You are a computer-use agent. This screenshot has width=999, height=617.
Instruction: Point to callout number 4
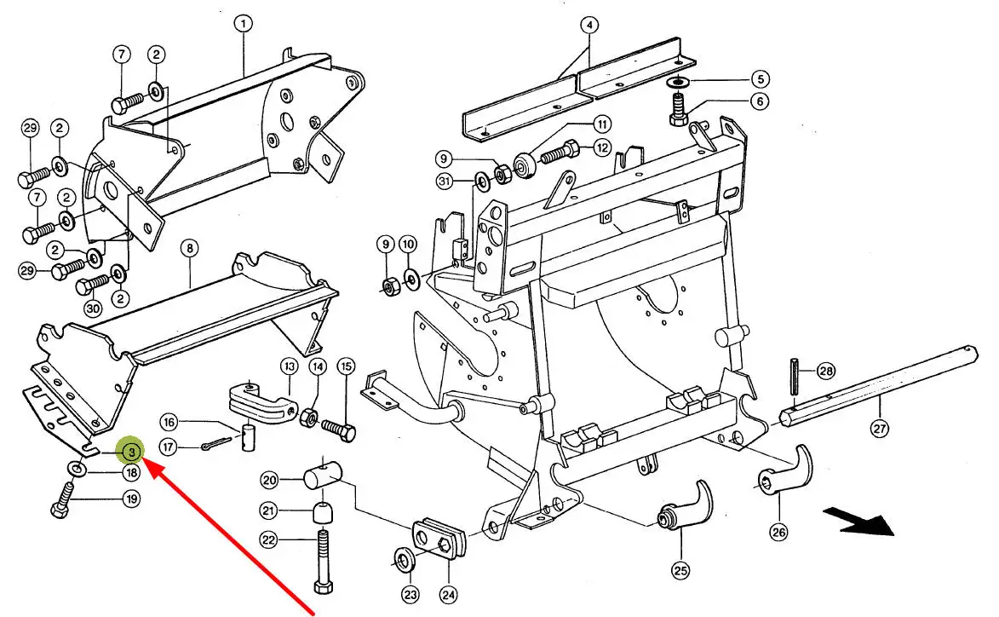click(588, 26)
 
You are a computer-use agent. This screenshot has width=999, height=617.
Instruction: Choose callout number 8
click(189, 249)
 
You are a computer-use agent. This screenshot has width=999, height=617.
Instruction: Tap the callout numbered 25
click(680, 570)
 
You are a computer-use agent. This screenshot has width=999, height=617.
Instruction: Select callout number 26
click(778, 533)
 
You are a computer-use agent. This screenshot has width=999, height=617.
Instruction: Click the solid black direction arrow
click(858, 521)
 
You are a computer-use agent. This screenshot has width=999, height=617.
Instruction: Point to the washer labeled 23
click(403, 560)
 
